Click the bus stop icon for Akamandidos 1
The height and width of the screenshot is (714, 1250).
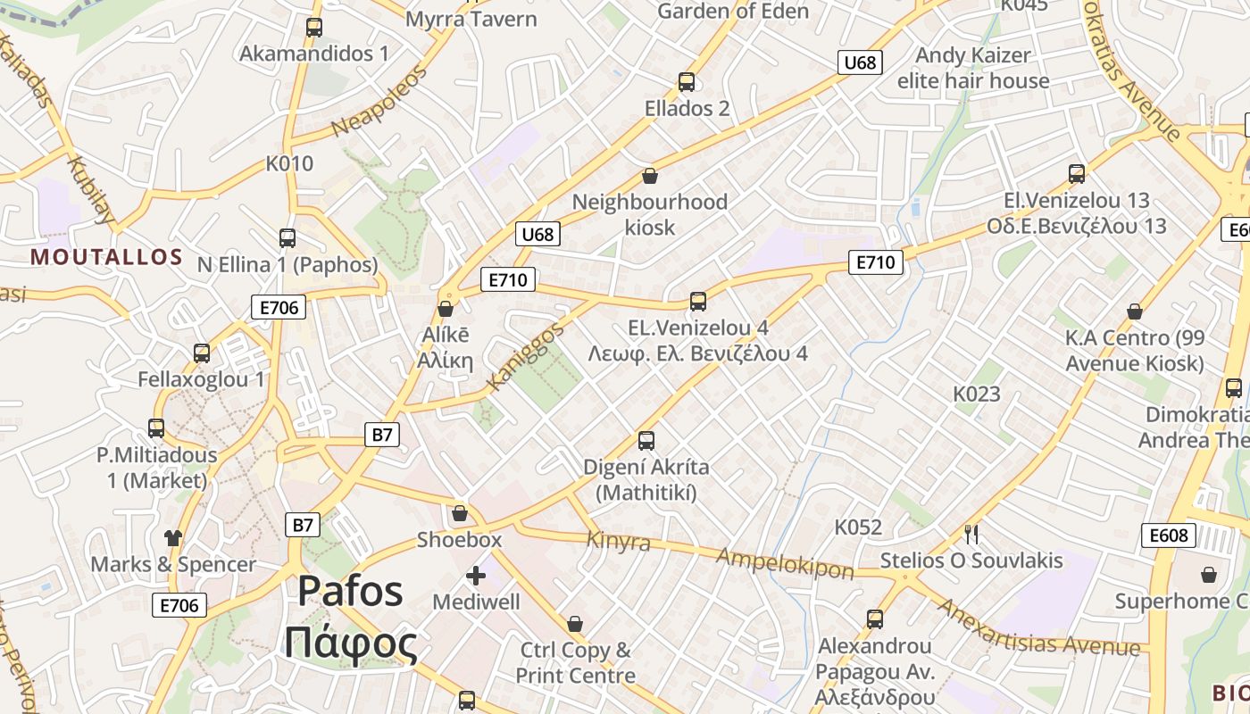point(313,28)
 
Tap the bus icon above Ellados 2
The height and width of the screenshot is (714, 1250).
point(686,82)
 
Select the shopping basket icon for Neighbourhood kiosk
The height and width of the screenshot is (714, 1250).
point(649,176)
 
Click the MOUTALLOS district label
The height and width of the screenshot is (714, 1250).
point(106,258)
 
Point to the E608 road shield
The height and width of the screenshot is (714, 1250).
point(1168,535)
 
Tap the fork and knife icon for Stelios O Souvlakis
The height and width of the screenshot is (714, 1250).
point(971,535)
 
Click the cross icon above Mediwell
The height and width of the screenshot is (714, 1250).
point(475,576)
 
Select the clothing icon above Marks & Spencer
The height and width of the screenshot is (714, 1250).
point(172,537)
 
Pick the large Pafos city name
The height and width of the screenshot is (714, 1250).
point(350,592)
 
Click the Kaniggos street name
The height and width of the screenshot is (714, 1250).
point(526,357)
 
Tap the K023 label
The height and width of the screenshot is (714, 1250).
point(976,394)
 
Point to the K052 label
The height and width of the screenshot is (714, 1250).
point(857,527)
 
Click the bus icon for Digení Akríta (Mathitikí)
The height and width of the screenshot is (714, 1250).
point(646,441)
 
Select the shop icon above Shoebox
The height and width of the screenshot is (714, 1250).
point(459,513)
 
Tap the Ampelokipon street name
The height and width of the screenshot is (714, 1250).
point(786,561)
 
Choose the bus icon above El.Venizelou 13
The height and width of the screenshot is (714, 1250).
point(1076,174)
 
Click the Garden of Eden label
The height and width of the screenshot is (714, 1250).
point(733,12)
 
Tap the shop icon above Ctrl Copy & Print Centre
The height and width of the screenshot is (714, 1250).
point(575,624)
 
